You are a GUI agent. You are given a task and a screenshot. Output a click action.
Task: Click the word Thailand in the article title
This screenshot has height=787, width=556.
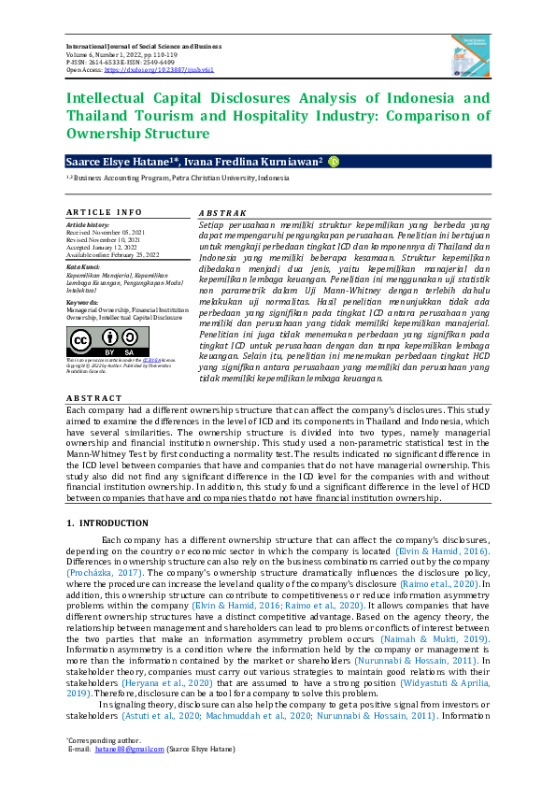pyautogui.click(x=96, y=116)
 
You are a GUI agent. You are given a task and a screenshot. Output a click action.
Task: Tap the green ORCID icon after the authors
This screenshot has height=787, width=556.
pyautogui.click(x=334, y=162)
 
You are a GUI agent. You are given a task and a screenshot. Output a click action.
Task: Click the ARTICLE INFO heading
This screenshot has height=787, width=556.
pyautogui.click(x=104, y=212)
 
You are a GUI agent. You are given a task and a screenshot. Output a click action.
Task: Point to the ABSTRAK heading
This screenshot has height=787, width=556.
pyautogui.click(x=222, y=212)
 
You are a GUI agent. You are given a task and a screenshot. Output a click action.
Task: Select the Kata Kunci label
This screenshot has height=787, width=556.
pyautogui.click(x=84, y=265)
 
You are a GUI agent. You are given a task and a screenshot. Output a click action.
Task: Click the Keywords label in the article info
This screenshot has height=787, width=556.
pyautogui.click(x=82, y=302)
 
